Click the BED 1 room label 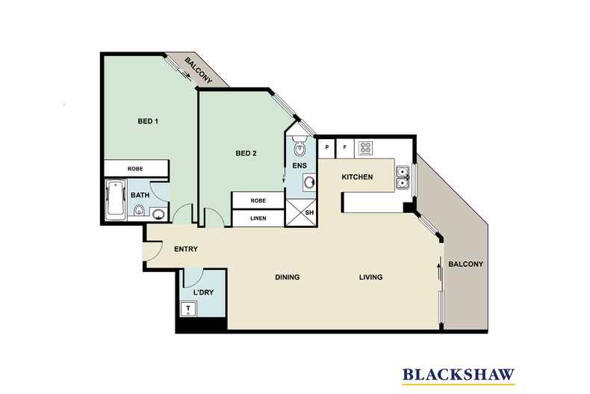(148, 120)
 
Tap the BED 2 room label (246, 154)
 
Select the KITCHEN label (356, 177)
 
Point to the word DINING (287, 277)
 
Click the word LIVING (370, 277)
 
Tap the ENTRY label (185, 249)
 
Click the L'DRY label (203, 292)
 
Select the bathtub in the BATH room (116, 200)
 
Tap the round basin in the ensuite (309, 182)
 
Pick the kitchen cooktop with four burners (366, 148)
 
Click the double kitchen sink (402, 177)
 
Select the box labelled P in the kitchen (326, 148)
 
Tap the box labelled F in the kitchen (344, 148)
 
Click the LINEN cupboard (258, 218)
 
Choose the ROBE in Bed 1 (134, 169)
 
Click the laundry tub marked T (189, 308)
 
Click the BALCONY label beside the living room (466, 264)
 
